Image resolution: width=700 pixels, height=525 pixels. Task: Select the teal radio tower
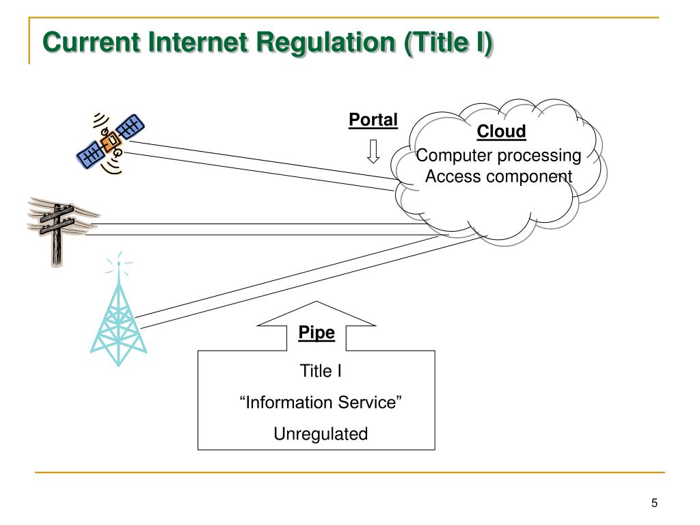[x=118, y=312]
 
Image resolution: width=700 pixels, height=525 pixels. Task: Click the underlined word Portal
[x=373, y=120]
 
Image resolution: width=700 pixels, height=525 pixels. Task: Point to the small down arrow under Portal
[x=373, y=151]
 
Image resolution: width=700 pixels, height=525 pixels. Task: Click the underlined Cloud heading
[x=501, y=131]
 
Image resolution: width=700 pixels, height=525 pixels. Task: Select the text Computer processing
[x=498, y=156]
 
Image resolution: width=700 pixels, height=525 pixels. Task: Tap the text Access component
[x=498, y=176]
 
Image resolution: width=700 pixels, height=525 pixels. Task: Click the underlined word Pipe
[x=317, y=333]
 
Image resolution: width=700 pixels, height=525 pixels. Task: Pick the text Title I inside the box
[x=321, y=371]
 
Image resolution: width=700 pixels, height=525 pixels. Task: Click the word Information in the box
[x=290, y=402]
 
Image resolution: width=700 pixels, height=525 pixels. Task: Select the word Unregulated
[x=321, y=434]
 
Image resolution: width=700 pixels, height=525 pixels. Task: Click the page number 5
[x=654, y=503]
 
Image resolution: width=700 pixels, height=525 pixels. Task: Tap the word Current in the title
[x=91, y=42]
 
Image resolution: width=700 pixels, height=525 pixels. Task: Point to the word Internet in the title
[x=198, y=42]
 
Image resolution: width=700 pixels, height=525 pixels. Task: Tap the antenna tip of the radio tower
[x=119, y=263]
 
